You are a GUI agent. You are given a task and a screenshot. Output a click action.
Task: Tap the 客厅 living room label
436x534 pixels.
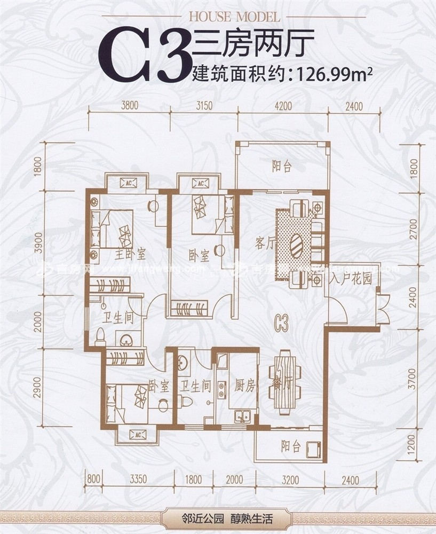point(265,244)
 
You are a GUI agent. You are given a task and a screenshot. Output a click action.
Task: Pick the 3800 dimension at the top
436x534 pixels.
point(129,105)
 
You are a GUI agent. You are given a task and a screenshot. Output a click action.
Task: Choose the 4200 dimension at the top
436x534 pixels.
point(283,105)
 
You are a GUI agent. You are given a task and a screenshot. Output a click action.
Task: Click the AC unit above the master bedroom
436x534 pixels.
point(129,183)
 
